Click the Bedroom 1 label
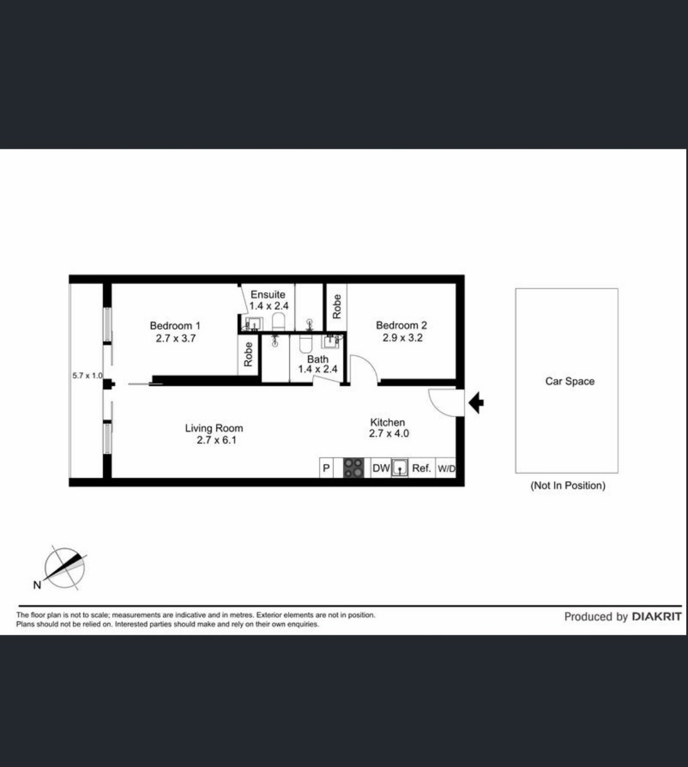(175, 326)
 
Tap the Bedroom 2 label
(402, 325)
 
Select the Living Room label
(214, 428)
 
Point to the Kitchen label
(387, 422)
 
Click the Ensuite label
(268, 294)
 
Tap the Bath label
(318, 359)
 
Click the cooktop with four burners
(354, 468)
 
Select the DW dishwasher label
(381, 469)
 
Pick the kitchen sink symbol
(400, 468)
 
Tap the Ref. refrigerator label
(422, 469)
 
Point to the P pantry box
(326, 468)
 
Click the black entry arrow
(476, 403)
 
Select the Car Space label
(569, 381)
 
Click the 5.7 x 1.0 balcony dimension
(87, 376)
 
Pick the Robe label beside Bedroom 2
(337, 306)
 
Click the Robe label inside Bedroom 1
(248, 354)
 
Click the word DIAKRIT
(657, 617)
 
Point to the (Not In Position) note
(568, 485)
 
